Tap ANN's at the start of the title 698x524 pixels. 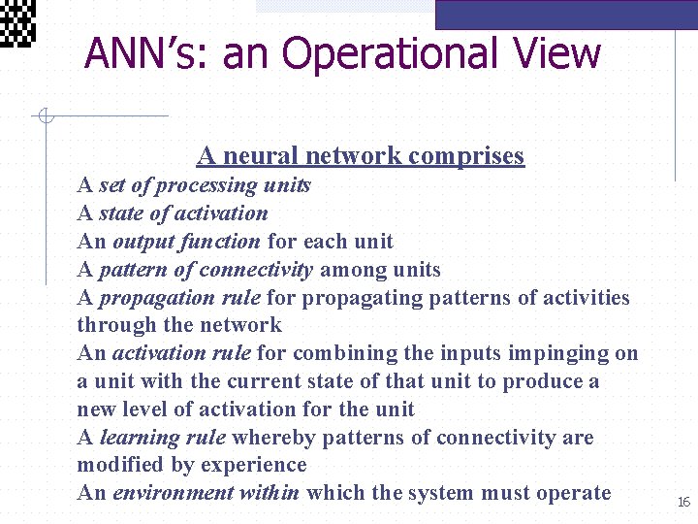point(145,53)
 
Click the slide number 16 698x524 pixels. point(683,501)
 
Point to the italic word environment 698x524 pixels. point(173,493)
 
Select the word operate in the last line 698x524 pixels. point(576,493)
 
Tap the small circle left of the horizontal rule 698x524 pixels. point(44,117)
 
